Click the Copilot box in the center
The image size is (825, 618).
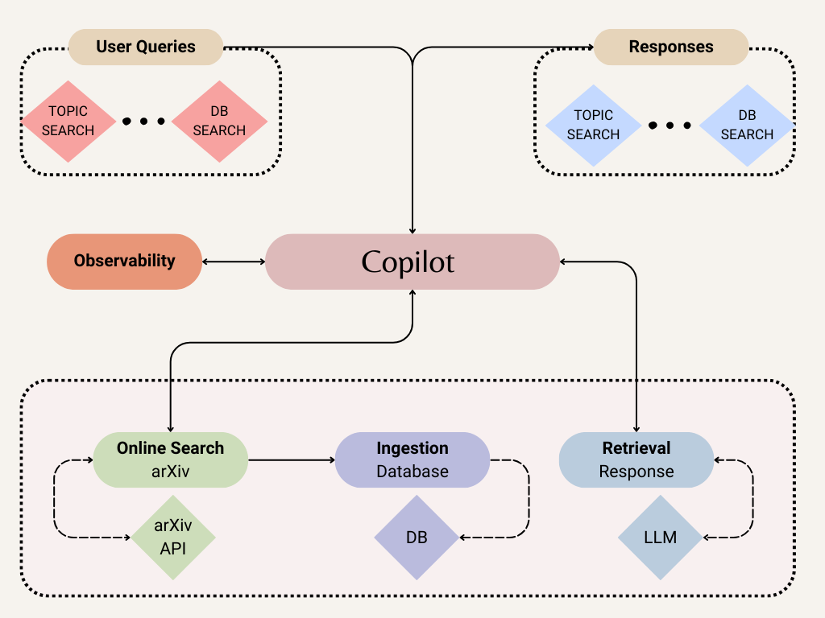412,262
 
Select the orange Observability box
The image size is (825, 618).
124,261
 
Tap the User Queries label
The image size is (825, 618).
146,47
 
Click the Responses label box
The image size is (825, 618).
670,47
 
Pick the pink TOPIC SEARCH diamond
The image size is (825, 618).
68,121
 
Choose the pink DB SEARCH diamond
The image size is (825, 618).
219,121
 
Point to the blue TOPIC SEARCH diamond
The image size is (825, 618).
593,125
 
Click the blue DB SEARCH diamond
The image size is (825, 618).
747,125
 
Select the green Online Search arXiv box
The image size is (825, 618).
170,459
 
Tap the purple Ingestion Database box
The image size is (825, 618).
412,459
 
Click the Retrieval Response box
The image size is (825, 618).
636,459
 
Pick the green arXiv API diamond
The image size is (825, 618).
173,538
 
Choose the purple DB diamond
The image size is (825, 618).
416,537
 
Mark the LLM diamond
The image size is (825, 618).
660,537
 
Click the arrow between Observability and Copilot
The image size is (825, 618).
234,262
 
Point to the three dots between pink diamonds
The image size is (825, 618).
143,122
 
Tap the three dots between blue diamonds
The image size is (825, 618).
670,126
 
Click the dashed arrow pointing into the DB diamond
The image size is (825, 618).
500,537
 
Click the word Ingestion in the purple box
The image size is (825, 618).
412,448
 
